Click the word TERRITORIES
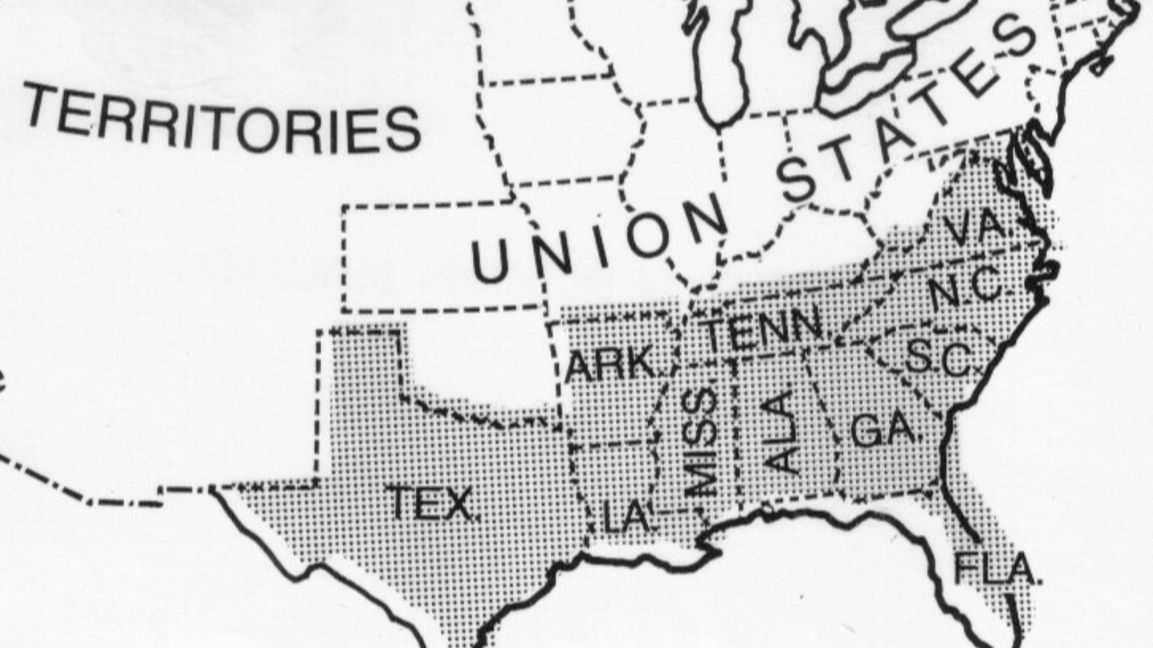[x=222, y=120]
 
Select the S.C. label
[x=937, y=357]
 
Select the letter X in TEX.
[x=459, y=504]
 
